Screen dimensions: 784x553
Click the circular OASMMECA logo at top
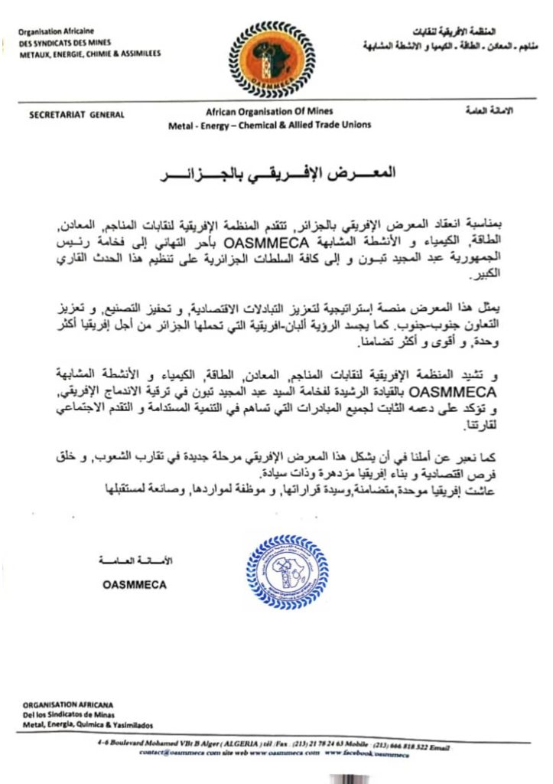(275, 54)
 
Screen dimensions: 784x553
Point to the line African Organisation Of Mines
(270, 113)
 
